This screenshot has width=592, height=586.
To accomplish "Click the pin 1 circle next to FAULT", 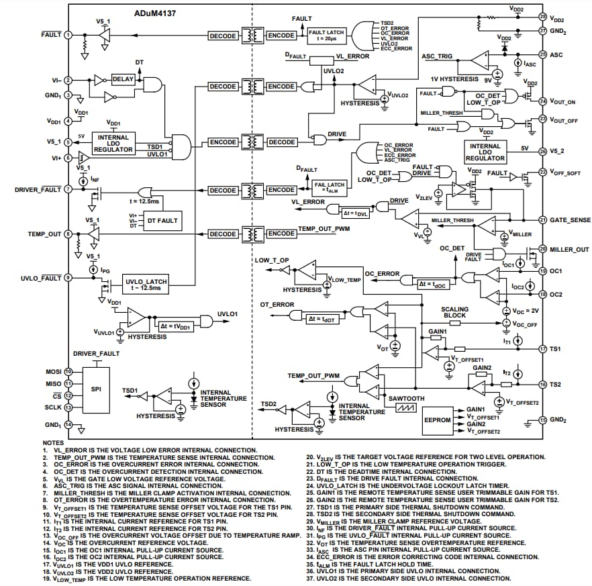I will point(68,34).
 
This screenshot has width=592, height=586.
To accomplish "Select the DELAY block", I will point(123,79).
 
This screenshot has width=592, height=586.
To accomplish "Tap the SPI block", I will point(96,389).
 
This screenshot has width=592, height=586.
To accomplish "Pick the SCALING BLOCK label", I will point(454,312).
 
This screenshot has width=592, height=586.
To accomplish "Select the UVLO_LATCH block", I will point(146,284).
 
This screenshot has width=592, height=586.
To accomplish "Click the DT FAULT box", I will point(162,220).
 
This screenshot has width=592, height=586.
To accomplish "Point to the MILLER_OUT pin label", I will point(570,250).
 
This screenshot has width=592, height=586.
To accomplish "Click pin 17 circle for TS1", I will point(543,349).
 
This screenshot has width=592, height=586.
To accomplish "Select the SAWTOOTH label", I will point(407,398).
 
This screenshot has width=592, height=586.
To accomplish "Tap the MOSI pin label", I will point(54,371).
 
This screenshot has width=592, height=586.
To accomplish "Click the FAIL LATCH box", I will point(330,187).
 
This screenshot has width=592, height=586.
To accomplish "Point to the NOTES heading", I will point(53,443).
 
